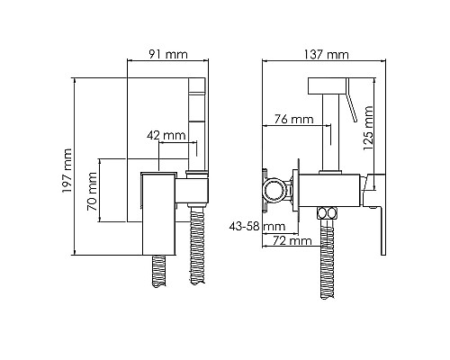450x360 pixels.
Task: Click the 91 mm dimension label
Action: [x=168, y=54]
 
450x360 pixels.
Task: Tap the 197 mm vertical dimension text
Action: [x=67, y=171]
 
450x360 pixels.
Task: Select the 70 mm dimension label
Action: [x=92, y=192]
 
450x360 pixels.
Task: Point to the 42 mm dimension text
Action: [x=166, y=136]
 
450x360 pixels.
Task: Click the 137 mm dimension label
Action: [x=327, y=55]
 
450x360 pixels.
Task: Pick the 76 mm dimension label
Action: [x=294, y=119]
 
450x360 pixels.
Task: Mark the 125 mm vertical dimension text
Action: [x=368, y=128]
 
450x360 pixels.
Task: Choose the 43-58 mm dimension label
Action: [x=257, y=226]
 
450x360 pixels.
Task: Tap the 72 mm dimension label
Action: [x=292, y=240]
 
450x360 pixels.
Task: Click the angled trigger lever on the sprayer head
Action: [x=351, y=100]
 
